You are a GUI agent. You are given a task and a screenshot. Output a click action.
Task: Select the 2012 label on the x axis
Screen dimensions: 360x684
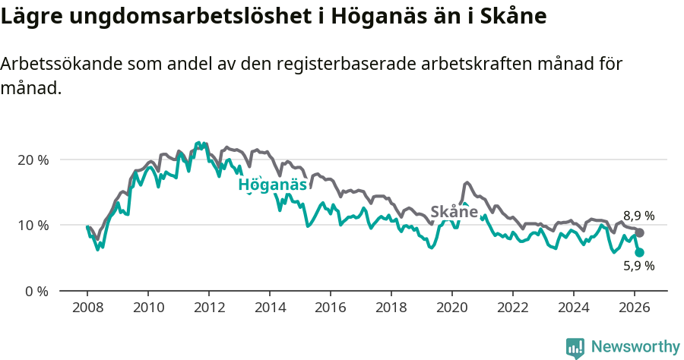click(208, 308)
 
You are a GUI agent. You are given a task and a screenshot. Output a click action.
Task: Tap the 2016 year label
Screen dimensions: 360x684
click(330, 308)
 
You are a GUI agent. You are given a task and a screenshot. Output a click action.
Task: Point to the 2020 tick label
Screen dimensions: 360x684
click(451, 308)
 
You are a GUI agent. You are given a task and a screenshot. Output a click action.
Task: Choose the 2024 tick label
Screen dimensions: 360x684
click(573, 308)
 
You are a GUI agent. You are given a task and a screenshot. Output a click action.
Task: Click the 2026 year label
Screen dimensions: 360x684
click(634, 308)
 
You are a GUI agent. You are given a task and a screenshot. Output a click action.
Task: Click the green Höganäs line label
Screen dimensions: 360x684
click(272, 185)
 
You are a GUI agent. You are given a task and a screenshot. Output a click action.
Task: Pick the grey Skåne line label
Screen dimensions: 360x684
click(454, 212)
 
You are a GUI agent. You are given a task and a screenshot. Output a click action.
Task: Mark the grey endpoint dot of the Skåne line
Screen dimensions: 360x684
click(639, 232)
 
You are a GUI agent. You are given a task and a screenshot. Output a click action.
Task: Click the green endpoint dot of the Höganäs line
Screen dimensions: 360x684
click(639, 252)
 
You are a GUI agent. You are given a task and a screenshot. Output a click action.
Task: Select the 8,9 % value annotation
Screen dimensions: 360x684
click(638, 216)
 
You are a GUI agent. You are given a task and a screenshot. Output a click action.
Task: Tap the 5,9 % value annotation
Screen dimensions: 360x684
click(638, 266)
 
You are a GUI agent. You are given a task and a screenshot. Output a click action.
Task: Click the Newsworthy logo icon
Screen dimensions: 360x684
click(575, 348)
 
